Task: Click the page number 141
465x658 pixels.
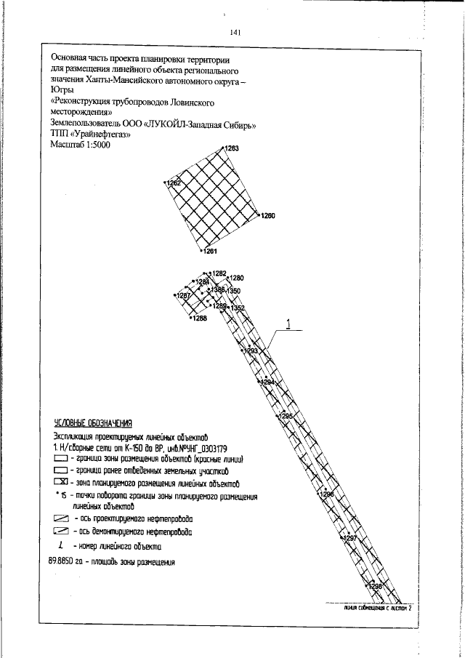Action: coord(235,32)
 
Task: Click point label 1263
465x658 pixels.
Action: coord(232,148)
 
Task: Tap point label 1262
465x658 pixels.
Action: coord(173,183)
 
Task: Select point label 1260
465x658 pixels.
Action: coord(268,216)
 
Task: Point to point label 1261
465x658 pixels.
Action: coord(210,251)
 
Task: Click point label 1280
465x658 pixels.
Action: coord(237,278)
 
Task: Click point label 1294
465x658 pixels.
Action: coord(267,382)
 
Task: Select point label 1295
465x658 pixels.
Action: coord(287,415)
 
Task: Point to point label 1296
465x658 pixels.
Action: coord(326,494)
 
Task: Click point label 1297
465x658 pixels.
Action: coord(350,538)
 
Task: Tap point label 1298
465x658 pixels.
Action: coord(375,586)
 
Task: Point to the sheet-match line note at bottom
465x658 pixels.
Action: coord(378,607)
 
